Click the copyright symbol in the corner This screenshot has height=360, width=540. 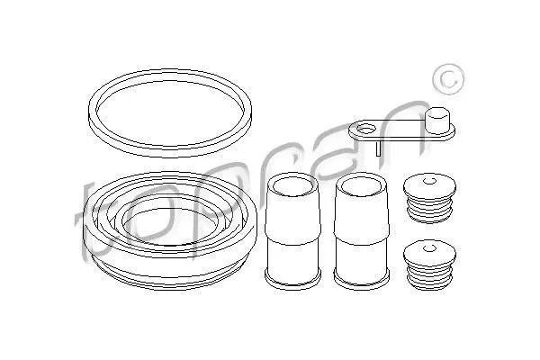[448, 79]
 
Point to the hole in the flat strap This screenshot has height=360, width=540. [365, 130]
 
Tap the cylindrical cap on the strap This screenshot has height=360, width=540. [437, 121]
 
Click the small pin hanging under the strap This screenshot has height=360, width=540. [378, 148]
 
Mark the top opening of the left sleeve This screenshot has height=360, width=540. [292, 186]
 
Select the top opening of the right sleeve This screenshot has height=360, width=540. [361, 186]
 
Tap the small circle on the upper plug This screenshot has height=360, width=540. [429, 181]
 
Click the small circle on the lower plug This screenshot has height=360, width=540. [429, 247]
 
